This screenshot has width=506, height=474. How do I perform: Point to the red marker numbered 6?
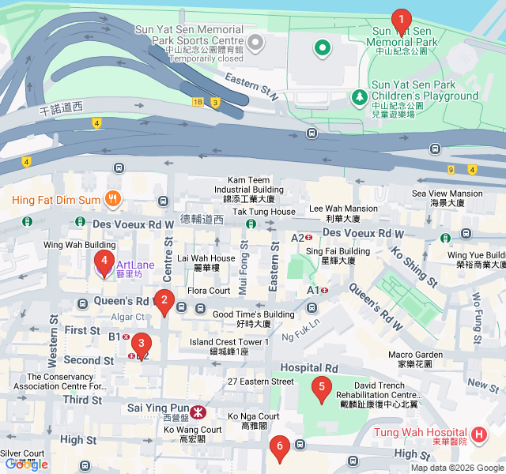coord(278,448)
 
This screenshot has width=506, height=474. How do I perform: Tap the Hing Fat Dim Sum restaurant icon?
coord(113,200)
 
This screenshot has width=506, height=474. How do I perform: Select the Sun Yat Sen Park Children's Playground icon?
coord(360,96)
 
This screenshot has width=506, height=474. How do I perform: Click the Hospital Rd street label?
coord(308,368)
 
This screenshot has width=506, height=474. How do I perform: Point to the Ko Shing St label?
coord(413,266)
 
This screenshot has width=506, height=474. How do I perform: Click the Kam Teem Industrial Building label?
coord(249,185)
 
